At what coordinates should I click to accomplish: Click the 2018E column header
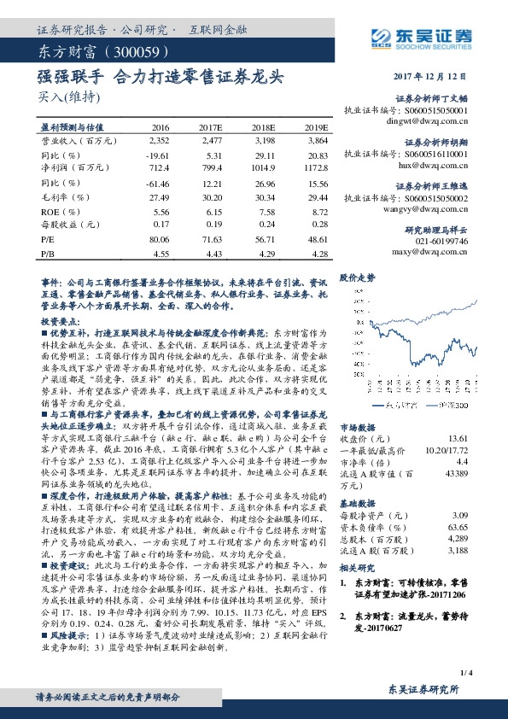click(264, 126)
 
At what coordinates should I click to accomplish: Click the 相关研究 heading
click(358, 567)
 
